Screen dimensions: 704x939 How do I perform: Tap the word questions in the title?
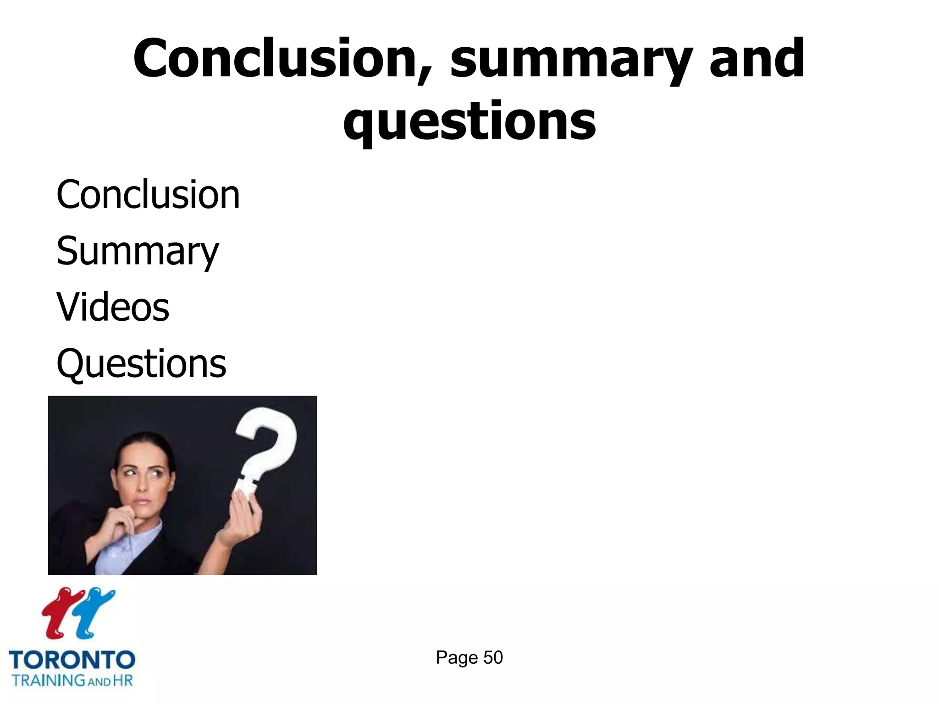tap(469, 121)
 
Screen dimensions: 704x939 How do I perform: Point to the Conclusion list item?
tap(148, 195)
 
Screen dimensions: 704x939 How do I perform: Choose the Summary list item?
tap(138, 252)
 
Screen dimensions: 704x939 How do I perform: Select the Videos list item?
tap(113, 307)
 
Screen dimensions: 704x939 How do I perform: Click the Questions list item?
tap(141, 363)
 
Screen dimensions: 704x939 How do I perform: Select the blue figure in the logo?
tap(94, 612)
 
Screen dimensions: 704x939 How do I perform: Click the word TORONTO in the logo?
tap(72, 660)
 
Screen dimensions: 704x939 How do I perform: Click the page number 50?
tap(493, 658)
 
